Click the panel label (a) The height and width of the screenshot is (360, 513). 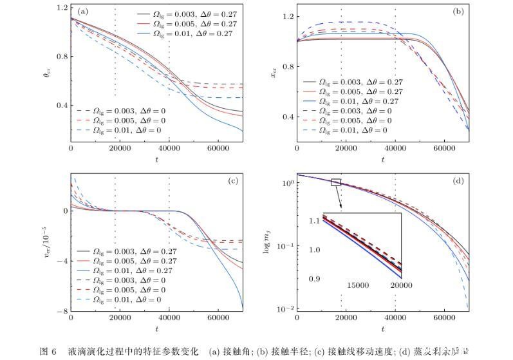pos(83,12)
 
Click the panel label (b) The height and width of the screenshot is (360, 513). pos(458,12)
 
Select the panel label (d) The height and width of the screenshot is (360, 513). pos(458,181)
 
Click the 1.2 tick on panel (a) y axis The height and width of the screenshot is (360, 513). pos(62,8)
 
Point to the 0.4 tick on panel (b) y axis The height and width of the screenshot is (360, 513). pos(287,117)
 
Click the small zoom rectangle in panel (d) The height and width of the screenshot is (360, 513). pos(335,182)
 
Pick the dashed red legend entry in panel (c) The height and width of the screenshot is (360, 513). pos(132,290)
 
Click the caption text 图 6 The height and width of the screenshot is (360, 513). pos(48,351)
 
